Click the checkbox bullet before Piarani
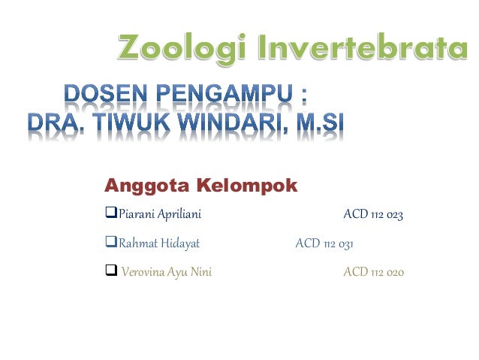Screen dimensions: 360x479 [x=112, y=216]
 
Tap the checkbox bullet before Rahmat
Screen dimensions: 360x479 [x=112, y=244]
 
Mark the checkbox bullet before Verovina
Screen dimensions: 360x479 [x=111, y=271]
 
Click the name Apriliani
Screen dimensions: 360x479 [x=177, y=216]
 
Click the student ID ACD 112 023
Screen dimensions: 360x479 [x=373, y=216]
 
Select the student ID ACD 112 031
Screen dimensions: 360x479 [x=324, y=244]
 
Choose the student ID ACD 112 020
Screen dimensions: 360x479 [x=373, y=271]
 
